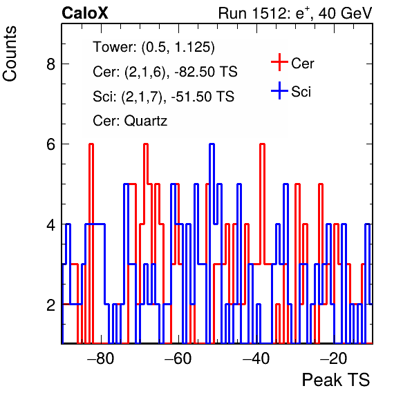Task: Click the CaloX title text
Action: [85, 13]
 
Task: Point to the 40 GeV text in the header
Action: [345, 13]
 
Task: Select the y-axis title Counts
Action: [10, 54]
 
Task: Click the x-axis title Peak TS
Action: [336, 380]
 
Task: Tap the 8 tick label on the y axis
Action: [51, 64]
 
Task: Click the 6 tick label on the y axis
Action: [51, 144]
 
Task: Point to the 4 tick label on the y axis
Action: [51, 224]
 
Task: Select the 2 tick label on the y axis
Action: [51, 305]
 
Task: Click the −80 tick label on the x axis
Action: [101, 358]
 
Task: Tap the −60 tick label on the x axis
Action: [178, 358]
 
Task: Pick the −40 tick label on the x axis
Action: [256, 358]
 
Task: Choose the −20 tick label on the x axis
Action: [333, 358]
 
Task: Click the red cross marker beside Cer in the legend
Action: [279, 62]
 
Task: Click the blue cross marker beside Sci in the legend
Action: [279, 90]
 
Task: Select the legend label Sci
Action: [301, 92]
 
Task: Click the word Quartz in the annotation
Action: [146, 122]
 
